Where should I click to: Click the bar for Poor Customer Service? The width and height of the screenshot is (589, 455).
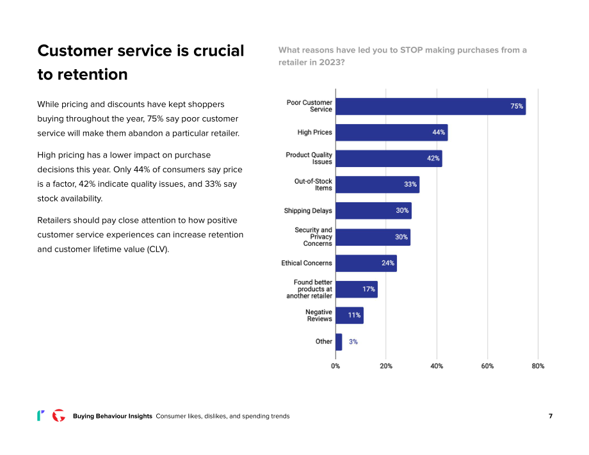tap(430, 106)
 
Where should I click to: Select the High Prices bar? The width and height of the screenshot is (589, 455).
tap(392, 132)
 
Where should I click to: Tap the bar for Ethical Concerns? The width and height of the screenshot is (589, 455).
tap(366, 263)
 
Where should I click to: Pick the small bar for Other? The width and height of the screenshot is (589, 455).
tap(339, 342)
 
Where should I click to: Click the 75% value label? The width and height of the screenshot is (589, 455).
tap(517, 106)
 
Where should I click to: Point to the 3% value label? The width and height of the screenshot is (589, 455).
tap(353, 342)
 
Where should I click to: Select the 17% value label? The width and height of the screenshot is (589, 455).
tap(369, 289)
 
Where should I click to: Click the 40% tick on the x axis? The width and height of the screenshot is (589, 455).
tap(437, 366)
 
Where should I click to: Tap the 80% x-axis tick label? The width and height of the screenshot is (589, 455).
tap(538, 366)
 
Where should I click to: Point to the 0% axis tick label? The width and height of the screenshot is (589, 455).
tap(335, 366)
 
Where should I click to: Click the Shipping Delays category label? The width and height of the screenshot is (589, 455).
tap(308, 211)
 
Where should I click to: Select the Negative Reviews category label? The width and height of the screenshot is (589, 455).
tap(319, 315)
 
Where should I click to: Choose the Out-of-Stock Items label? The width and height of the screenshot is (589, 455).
tap(313, 184)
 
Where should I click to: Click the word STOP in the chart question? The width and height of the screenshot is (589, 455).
tap(411, 50)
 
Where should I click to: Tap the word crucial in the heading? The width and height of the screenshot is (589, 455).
tap(218, 51)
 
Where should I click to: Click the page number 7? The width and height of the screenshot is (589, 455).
tap(551, 416)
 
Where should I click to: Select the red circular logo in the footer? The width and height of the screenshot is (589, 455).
tap(59, 415)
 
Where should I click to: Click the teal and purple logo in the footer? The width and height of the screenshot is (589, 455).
tap(41, 415)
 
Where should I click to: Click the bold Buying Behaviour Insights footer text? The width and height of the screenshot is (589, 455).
tap(113, 416)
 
